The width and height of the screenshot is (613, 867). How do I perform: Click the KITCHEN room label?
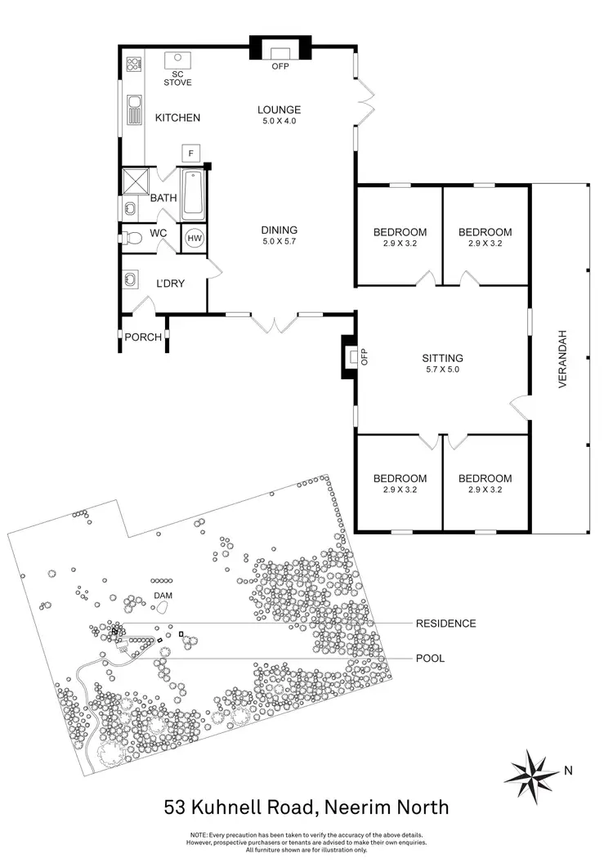(x=177, y=118)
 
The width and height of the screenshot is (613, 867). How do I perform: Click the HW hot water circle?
(x=195, y=238)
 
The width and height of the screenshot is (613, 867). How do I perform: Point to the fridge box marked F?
(x=190, y=154)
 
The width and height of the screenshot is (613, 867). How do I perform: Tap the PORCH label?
(x=143, y=337)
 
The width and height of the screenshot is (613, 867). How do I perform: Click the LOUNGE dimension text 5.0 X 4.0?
(x=279, y=121)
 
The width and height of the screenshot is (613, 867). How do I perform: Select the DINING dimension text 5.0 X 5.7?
(x=279, y=242)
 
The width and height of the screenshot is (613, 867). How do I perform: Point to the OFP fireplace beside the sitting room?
(x=351, y=357)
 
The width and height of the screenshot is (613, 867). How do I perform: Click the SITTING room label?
(x=442, y=358)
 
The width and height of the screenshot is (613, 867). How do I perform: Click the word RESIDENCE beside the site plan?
(x=445, y=623)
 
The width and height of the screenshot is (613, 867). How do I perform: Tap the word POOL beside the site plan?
(x=430, y=658)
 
